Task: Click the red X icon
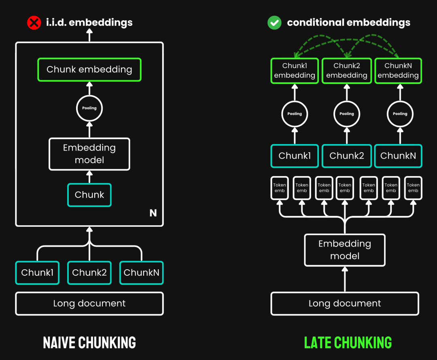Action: tap(34, 23)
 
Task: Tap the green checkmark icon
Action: tap(274, 23)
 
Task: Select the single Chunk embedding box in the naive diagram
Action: tap(89, 70)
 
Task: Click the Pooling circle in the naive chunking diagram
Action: tap(89, 108)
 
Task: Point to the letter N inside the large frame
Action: tap(153, 213)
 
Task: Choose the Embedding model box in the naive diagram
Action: tap(89, 154)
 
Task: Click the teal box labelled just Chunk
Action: tap(89, 195)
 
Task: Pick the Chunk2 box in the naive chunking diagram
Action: tap(89, 273)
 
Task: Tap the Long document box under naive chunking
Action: tap(89, 303)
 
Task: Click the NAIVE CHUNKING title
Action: tap(89, 343)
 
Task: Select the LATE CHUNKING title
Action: tap(348, 343)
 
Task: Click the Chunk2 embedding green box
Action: tap(347, 70)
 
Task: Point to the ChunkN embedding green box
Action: tap(398, 70)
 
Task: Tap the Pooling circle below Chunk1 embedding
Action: tap(295, 114)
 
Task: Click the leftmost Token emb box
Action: tap(280, 188)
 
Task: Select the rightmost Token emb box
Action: tap(413, 188)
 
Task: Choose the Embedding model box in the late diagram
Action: tap(345, 250)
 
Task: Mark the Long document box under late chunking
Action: tap(345, 303)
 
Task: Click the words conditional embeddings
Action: tap(348, 23)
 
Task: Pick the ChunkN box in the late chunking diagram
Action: tap(398, 156)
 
